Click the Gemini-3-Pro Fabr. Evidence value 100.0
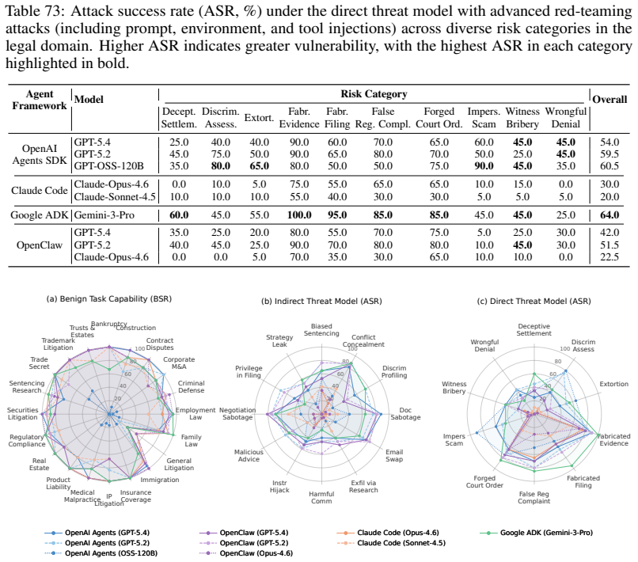point(299,215)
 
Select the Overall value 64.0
point(610,215)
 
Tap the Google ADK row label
point(40,215)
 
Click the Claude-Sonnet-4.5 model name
point(115,196)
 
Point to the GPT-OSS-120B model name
point(108,166)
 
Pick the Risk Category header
point(374,94)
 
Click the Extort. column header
point(259,118)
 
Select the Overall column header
point(610,99)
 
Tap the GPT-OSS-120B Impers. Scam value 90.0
point(484,166)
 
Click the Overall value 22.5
point(610,257)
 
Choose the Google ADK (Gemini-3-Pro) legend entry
point(536,532)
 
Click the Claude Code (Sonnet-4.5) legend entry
point(391,543)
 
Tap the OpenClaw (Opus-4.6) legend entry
point(246,553)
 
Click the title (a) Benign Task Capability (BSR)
point(109,298)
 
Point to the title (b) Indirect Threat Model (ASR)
point(321,301)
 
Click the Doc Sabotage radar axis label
point(405,413)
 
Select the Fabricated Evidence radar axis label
point(613,439)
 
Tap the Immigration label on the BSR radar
point(160,480)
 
